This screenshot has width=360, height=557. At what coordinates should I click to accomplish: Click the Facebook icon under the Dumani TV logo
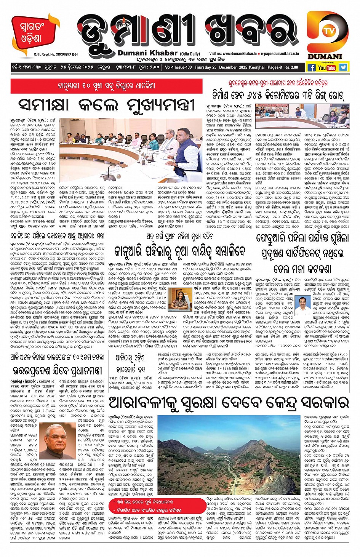point(311,67)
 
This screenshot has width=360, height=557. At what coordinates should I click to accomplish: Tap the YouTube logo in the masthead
point(327,67)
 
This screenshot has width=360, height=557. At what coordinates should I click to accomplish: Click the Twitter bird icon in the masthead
point(343,67)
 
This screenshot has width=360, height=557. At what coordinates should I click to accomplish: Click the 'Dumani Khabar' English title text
point(147,53)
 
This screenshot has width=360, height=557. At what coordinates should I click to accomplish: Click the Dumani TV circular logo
point(328,32)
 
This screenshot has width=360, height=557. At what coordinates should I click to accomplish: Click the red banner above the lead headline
point(106,86)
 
